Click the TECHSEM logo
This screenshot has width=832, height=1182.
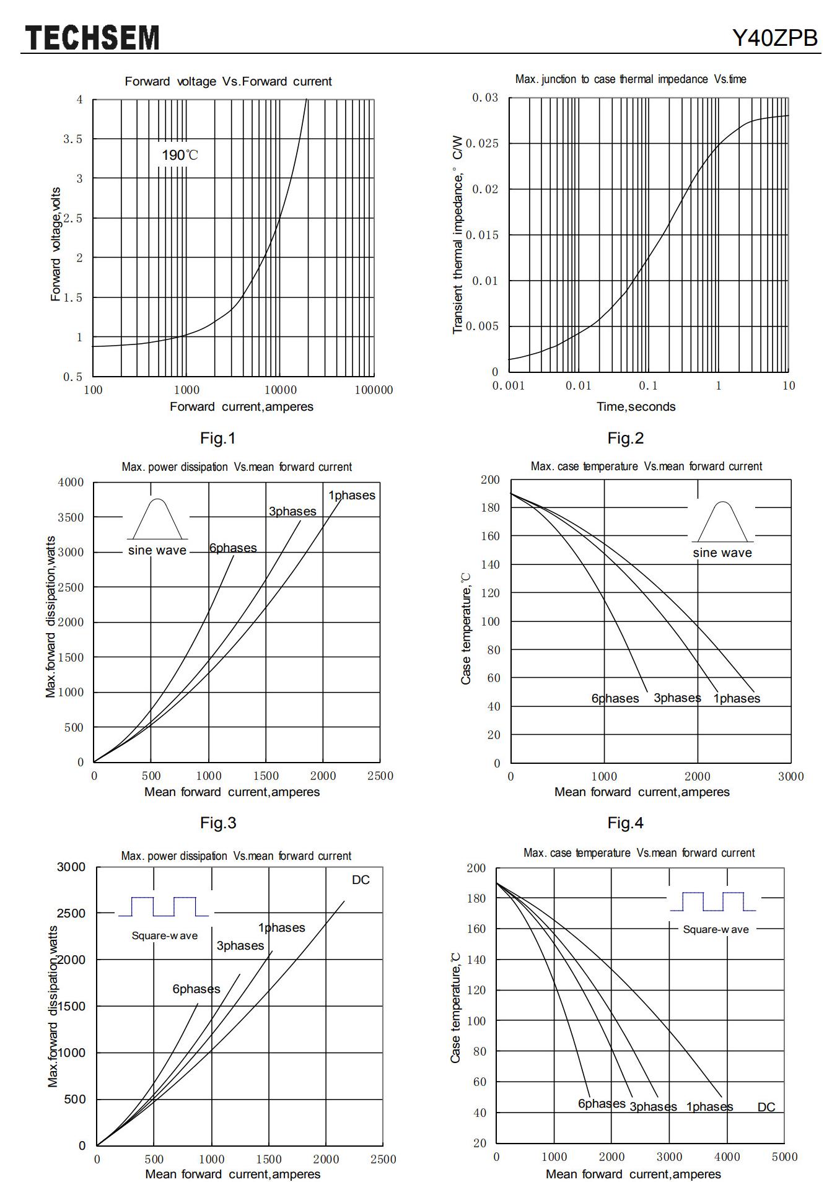[92, 38]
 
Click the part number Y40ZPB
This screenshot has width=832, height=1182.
[775, 38]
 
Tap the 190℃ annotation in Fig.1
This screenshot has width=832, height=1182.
[180, 155]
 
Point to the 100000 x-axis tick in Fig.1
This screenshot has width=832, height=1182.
[374, 390]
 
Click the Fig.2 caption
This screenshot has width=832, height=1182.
[625, 438]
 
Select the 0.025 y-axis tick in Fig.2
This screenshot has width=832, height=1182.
[481, 144]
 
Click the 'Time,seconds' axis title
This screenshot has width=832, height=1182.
[636, 406]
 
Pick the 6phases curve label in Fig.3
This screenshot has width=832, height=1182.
[233, 548]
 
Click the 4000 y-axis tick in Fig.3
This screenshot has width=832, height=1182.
[71, 482]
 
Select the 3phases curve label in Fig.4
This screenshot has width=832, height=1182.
[677, 698]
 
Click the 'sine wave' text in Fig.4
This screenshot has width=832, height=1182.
[722, 553]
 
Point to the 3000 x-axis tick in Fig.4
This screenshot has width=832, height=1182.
[790, 776]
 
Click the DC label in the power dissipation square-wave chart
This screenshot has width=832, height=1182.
[361, 880]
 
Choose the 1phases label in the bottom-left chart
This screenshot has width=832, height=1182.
[282, 927]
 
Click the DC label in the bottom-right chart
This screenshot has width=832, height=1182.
[766, 1107]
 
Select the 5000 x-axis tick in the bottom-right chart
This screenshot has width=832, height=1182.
[784, 1157]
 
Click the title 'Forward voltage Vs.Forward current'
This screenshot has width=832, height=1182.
[228, 81]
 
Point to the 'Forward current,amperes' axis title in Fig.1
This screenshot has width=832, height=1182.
[242, 406]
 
